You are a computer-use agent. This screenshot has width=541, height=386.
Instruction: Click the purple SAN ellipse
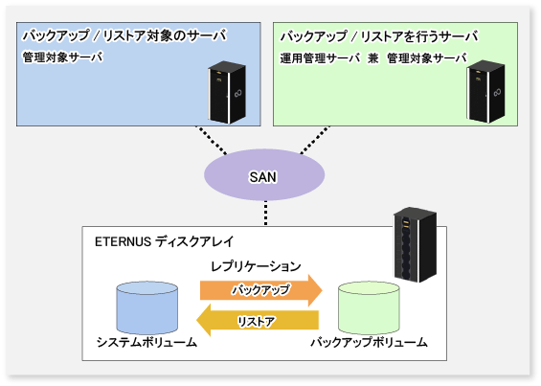point(264,174)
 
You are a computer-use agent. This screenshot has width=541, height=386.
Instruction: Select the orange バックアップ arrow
point(261,290)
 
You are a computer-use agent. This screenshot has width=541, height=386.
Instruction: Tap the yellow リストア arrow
point(258,320)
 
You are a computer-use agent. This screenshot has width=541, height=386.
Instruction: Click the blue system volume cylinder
point(147,308)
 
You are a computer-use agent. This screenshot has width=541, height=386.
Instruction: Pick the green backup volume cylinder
point(369,308)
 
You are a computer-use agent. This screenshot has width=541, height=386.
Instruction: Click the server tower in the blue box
point(227,92)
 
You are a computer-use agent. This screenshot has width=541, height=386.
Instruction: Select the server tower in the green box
point(486,92)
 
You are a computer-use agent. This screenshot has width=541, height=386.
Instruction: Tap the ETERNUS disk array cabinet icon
point(416,244)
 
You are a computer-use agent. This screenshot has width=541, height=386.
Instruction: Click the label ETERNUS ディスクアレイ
point(165,241)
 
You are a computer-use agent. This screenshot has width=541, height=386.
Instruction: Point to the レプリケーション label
point(256,266)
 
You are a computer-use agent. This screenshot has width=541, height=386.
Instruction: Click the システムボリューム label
point(147,343)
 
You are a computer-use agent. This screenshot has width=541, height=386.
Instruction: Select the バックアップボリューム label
point(369,343)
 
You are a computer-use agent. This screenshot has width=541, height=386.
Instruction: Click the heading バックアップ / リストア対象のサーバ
point(124,35)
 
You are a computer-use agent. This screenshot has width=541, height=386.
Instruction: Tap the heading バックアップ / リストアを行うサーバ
point(379,36)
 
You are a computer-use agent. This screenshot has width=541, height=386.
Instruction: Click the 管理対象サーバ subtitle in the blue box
point(63,57)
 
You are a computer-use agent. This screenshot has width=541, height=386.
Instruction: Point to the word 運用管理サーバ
point(320,58)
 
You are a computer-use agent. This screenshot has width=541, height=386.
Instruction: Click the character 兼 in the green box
point(373,58)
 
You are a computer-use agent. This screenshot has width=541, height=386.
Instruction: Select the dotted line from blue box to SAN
point(212,140)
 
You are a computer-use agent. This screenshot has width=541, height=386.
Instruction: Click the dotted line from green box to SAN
point(315,140)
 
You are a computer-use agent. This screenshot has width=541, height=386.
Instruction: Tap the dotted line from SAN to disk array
point(265,214)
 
